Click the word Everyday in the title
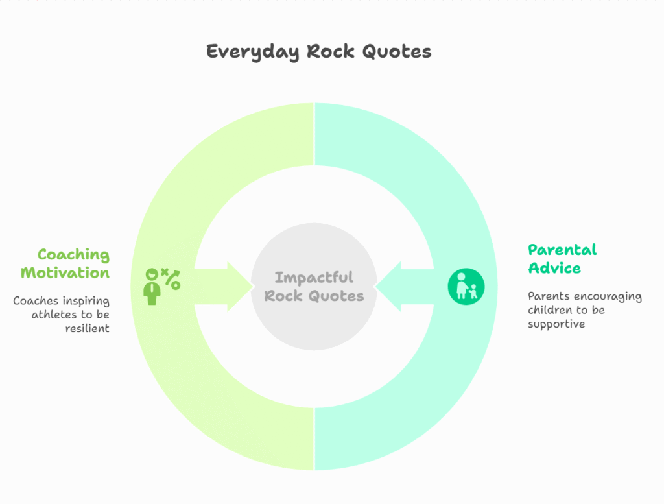253,52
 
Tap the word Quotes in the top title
397,51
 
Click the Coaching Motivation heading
65,263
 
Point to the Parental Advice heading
562,259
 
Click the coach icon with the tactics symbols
162,286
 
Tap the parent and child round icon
466,286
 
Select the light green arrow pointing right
224,286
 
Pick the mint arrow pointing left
405,286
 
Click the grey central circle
314,286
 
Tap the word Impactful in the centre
314,278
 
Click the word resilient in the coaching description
88,328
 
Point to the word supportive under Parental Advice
556,324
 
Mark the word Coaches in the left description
36,301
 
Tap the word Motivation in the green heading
65,272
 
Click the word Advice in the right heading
554,268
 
